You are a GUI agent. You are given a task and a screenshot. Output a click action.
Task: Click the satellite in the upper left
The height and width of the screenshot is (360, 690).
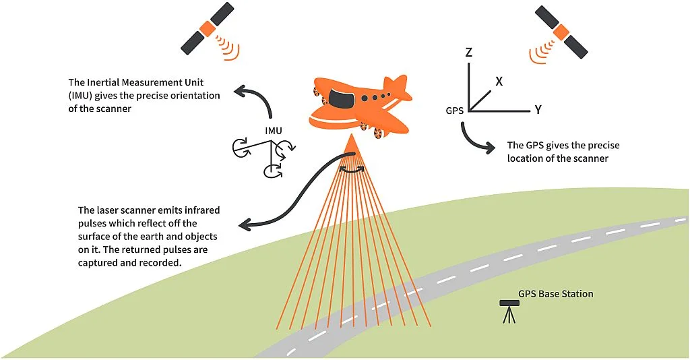coord(207,28)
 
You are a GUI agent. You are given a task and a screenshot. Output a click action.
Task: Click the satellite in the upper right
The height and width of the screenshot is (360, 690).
coord(561,32)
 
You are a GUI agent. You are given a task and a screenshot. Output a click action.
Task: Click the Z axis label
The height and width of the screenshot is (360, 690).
coord(469,51)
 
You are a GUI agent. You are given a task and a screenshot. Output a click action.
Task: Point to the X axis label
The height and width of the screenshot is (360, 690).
coord(499,81)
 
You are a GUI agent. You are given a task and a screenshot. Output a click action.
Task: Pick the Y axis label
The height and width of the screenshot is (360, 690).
coord(538,109)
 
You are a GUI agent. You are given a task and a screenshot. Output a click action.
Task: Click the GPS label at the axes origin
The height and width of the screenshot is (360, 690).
coord(455,111)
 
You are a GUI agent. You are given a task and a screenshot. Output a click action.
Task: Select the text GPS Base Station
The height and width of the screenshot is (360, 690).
coord(555,294)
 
